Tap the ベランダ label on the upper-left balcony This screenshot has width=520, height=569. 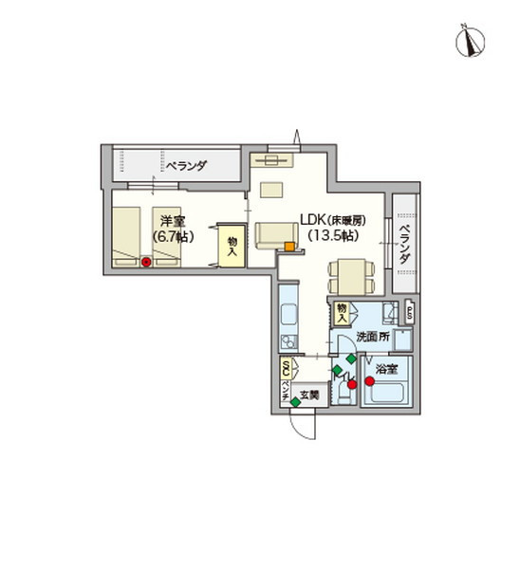coord(184,166)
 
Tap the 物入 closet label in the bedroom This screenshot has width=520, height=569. coord(232,247)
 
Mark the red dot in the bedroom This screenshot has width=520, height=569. coord(146,262)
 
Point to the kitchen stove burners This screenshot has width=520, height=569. coord(287,339)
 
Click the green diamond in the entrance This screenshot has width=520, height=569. coord(295,403)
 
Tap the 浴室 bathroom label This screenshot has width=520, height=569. coord(385,367)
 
